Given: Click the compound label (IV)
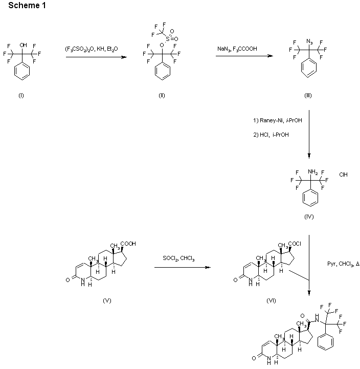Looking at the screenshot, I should point(309,216).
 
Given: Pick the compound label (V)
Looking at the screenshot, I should point(107,300).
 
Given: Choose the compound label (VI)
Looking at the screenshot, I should point(271,300).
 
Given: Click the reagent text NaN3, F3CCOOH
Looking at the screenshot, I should point(237,49).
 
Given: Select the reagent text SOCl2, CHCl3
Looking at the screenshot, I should point(178,258).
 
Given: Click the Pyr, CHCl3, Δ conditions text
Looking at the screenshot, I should point(344,264).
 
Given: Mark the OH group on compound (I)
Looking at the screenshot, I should point(23,45).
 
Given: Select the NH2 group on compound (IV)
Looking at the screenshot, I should point(313,171).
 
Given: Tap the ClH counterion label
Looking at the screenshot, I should point(344,175).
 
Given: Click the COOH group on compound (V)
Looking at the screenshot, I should point(129,244).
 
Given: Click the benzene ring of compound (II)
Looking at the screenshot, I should point(162,73).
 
